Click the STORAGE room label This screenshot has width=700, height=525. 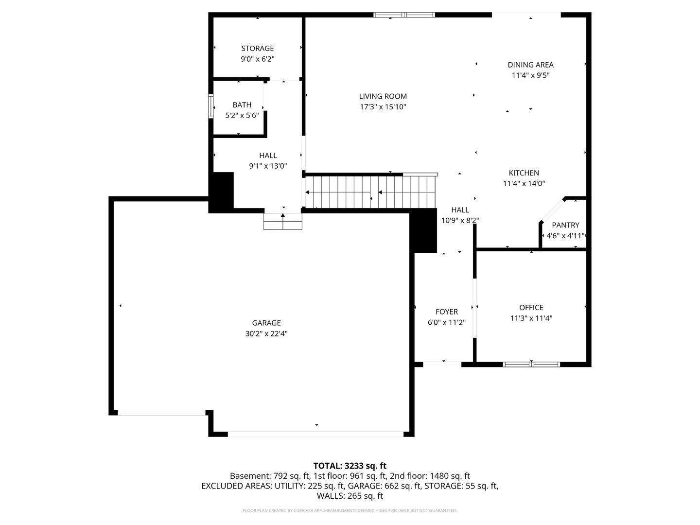coord(257,48)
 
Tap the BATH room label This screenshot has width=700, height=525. coord(242,105)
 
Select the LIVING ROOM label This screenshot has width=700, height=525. coord(383,96)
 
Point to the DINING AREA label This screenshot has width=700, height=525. coord(530,65)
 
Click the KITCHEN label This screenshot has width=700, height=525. coord(524,173)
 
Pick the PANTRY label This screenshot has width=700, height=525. coord(565,225)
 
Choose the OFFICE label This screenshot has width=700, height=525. coord(531,307)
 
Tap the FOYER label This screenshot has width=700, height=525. coord(446,312)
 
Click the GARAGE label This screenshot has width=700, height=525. coord(266,323)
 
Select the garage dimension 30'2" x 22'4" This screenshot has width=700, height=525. coord(266,333)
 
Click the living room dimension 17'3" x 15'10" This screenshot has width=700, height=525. coord(383,107)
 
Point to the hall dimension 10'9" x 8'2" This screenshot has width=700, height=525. coord(460,220)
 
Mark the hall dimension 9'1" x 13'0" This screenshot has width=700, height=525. coord(268,166)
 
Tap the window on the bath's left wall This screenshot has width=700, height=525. coord(211,106)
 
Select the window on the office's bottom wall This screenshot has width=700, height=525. coord(531,364)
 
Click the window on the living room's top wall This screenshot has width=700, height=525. coord(404,15)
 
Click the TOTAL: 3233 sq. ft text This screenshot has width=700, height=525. coord(350,466)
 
